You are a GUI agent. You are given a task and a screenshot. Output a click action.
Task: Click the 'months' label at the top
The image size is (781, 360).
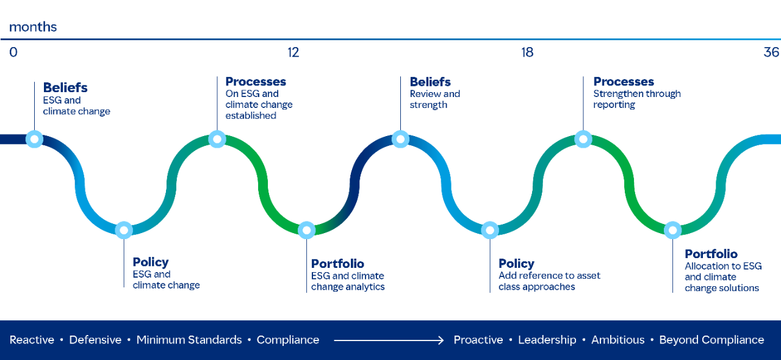tap(33, 27)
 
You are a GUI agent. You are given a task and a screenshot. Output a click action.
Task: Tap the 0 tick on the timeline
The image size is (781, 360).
tap(13, 52)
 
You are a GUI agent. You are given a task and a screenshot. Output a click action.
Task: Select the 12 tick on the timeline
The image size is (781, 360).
tap(293, 52)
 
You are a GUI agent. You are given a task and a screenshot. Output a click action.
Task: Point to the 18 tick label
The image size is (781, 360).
tap(527, 52)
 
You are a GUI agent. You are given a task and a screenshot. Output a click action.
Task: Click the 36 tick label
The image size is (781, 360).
tap(771, 52)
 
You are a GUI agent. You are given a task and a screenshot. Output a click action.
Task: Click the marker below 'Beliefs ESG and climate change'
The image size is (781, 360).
tap(34, 139)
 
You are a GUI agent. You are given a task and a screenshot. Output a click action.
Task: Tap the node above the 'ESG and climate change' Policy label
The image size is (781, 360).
tap(124, 230)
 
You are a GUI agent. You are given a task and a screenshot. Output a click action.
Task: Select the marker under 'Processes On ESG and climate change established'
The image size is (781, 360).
tap(217, 139)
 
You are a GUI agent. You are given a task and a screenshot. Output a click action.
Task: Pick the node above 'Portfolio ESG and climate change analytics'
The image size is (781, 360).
tap(306, 230)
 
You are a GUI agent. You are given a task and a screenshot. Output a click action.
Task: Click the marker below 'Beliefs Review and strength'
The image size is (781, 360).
tap(400, 139)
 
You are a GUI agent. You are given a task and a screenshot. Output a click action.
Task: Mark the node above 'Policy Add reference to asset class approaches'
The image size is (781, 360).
tap(489, 230)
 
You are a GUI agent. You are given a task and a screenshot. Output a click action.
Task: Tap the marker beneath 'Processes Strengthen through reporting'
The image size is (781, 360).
tap(583, 139)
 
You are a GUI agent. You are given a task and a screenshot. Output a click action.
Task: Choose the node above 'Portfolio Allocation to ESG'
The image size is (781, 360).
tap(672, 230)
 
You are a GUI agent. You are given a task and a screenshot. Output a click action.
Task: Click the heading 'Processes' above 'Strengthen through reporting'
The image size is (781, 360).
tap(624, 82)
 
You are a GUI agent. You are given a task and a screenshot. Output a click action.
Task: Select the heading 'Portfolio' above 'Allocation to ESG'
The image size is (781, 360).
tap(711, 254)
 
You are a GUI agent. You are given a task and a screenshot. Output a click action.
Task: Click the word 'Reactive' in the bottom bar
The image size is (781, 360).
tap(32, 340)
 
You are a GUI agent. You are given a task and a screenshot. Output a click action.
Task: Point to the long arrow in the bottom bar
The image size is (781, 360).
tap(387, 340)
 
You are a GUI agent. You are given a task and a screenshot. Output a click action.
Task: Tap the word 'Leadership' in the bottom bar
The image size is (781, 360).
tap(547, 340)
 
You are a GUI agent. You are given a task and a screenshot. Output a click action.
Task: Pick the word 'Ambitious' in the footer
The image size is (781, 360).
tap(617, 340)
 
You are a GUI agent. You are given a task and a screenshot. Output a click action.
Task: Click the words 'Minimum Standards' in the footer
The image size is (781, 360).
tap(189, 340)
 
